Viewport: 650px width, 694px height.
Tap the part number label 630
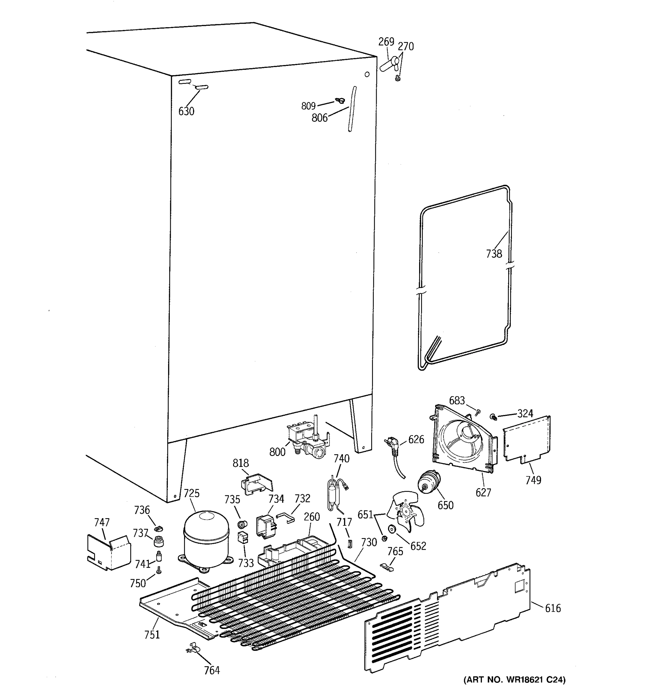click(186, 111)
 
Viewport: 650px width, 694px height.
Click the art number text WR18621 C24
click(514, 679)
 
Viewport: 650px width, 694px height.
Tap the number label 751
click(152, 634)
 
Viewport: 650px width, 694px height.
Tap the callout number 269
click(386, 42)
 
